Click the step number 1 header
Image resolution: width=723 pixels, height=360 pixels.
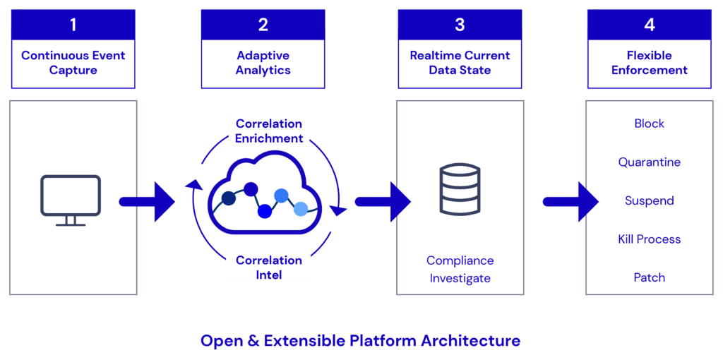pos(73,25)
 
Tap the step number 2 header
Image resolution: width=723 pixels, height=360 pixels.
pos(263,25)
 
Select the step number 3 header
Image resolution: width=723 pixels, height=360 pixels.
pos(460,25)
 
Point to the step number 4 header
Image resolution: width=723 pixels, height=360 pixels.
pos(649,25)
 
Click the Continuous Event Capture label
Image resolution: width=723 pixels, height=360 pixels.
pos(73,63)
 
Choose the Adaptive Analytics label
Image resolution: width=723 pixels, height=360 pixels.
pos(263,63)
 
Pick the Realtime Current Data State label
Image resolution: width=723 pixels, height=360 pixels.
pos(460,63)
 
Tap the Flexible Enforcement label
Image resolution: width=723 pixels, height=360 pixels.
pos(649,63)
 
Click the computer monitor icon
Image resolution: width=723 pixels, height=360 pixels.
pos(70,200)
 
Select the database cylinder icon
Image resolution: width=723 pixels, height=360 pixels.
pos(460,188)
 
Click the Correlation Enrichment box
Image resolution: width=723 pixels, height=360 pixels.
pos(269,131)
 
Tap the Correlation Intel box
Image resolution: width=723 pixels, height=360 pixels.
pos(268,267)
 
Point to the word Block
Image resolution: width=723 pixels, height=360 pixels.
pos(649,124)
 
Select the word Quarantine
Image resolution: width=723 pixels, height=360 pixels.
pos(649,162)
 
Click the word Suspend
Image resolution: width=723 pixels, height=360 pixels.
pos(649,201)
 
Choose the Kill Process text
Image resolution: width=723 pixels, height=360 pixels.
pos(649,239)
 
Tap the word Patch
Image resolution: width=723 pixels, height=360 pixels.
pos(649,277)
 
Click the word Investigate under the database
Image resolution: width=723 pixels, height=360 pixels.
pos(460,278)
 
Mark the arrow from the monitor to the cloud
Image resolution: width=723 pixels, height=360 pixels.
pos(147,202)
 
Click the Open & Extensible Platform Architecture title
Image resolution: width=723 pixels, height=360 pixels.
pos(360,341)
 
